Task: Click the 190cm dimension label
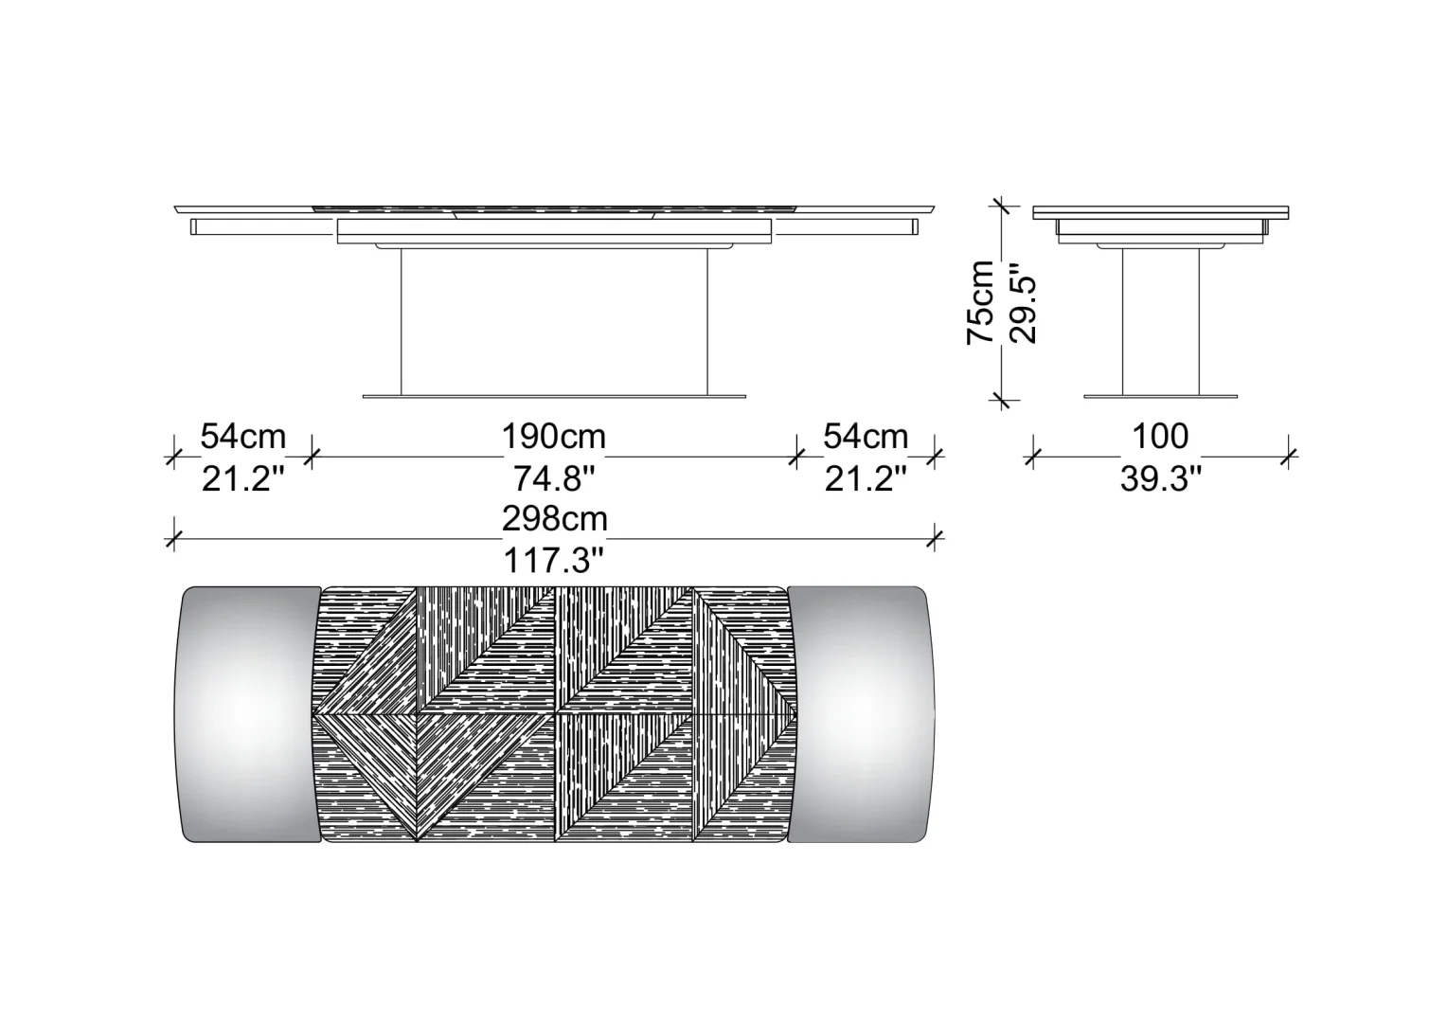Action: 554,437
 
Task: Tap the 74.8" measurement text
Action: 554,479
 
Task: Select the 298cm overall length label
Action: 555,518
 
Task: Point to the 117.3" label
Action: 554,561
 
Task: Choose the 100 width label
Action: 1160,437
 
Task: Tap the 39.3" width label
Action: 1161,479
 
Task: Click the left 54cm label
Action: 242,437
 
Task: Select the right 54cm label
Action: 866,437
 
